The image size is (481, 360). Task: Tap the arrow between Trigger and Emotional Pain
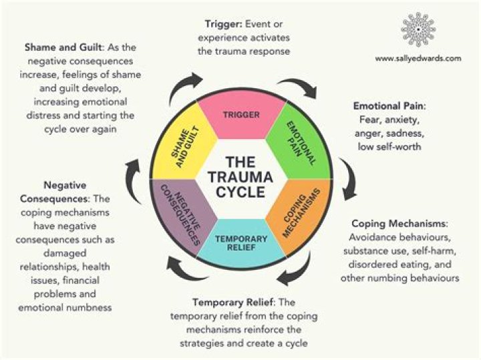coord(298,88)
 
